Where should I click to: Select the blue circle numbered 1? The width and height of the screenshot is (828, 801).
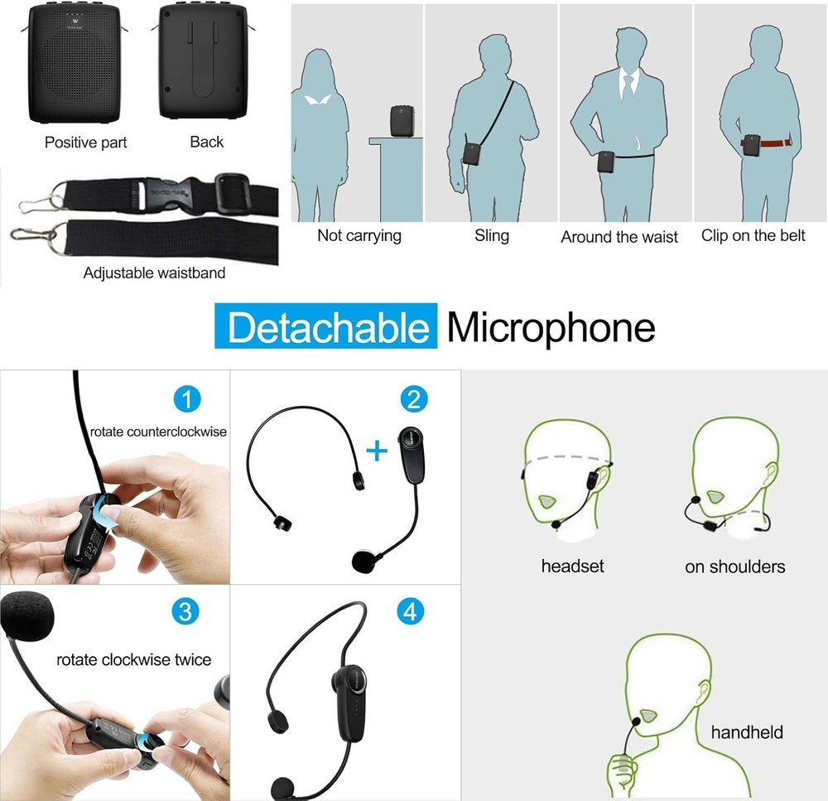(x=187, y=400)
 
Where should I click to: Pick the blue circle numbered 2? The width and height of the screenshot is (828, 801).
(x=412, y=399)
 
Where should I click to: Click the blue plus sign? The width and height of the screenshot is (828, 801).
(x=378, y=451)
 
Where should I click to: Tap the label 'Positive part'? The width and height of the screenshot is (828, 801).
(x=86, y=142)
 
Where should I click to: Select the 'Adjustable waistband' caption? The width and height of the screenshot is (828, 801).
(x=154, y=273)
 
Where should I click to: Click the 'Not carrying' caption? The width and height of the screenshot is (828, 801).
(x=359, y=236)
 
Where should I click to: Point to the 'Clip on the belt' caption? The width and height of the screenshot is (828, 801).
(x=753, y=236)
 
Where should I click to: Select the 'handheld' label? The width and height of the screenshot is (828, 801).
(x=746, y=731)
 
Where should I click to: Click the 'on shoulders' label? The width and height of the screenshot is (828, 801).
(x=734, y=567)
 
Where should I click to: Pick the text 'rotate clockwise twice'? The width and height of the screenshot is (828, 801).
(x=133, y=660)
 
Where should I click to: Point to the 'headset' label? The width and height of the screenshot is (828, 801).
(x=572, y=567)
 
